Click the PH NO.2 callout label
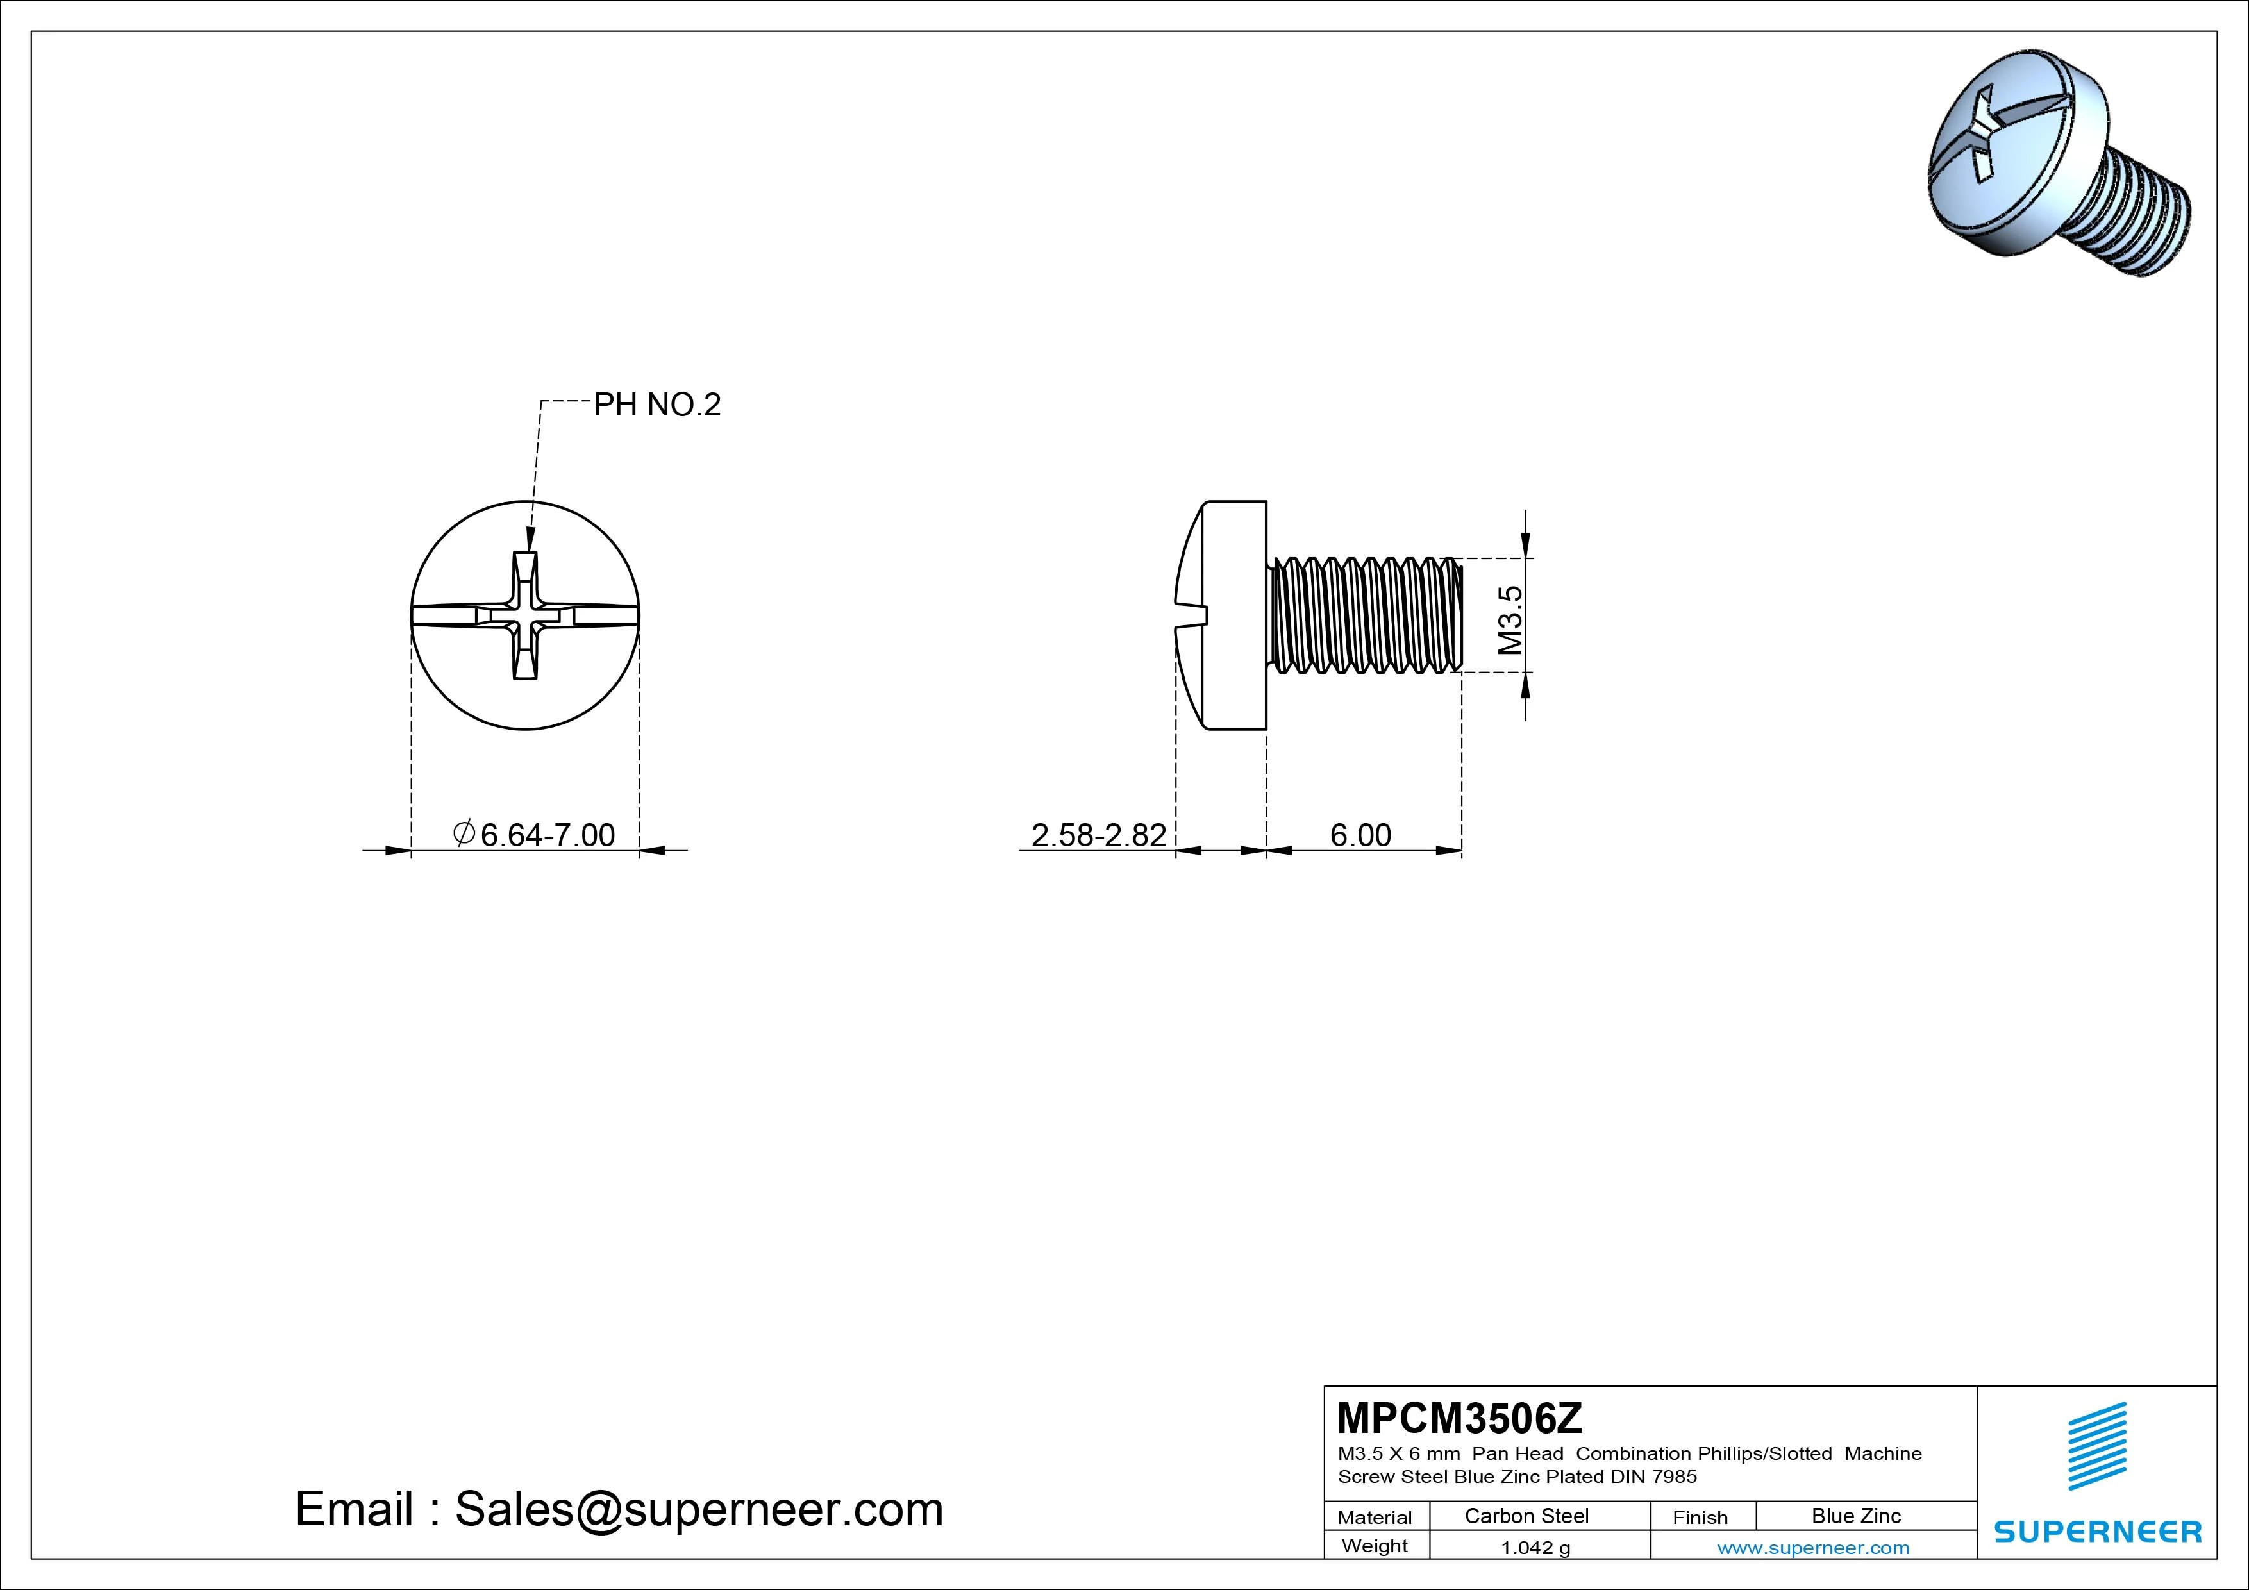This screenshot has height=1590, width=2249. pos(657,405)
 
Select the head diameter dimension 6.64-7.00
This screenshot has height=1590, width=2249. pos(534,835)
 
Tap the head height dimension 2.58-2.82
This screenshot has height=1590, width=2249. pos(1099,835)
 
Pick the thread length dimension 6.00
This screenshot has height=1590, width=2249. pos(1360,835)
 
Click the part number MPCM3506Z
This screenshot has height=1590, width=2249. pos(1460,1418)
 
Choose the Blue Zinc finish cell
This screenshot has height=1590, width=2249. pos(1856,1516)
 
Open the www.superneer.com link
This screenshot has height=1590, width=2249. pos(1813,1548)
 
